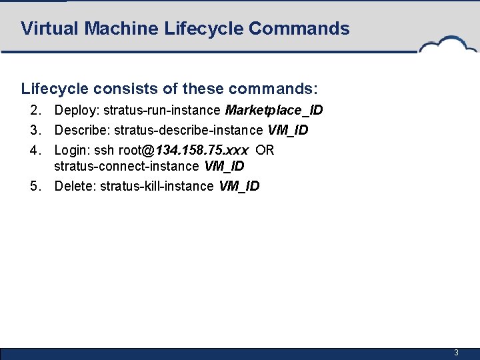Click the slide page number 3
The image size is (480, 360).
(456, 352)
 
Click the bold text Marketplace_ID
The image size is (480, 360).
(274, 110)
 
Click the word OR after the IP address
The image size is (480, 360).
(265, 150)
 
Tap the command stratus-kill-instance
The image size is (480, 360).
(157, 186)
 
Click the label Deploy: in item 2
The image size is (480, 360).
(75, 110)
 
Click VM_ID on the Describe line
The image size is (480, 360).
(288, 130)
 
